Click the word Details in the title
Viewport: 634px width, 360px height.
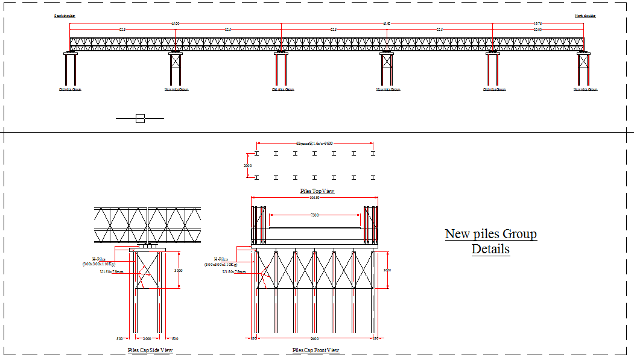coord(490,249)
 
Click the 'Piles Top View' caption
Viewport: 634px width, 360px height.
coord(317,191)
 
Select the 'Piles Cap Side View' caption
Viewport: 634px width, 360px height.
coord(150,350)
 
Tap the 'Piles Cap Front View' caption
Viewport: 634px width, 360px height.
coord(315,350)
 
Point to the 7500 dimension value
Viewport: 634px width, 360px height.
coord(314,215)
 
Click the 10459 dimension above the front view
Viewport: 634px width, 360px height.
coord(314,197)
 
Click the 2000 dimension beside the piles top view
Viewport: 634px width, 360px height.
coord(247,165)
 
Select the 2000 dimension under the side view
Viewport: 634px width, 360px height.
coord(147,338)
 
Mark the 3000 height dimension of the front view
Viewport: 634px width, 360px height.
coord(387,270)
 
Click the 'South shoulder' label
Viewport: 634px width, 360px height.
coord(65,16)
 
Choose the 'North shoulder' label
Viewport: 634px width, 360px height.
coord(585,16)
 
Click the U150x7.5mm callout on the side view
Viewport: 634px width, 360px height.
coord(112,272)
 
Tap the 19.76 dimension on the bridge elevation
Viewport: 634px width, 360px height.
coord(537,24)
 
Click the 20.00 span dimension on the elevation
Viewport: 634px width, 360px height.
coord(537,30)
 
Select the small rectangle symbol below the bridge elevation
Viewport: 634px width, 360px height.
coord(140,119)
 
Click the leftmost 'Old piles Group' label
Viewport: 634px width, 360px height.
coord(70,89)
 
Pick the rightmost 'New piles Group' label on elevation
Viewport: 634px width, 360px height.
coord(585,89)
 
